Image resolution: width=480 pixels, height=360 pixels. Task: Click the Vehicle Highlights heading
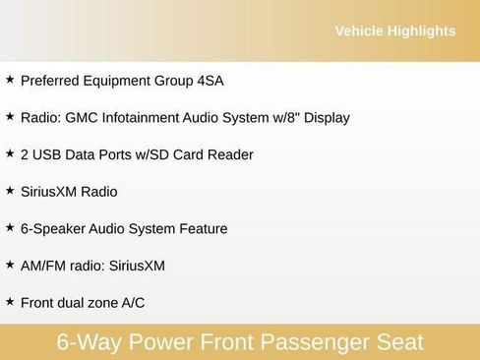(x=394, y=31)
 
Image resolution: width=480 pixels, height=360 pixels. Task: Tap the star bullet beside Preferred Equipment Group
(x=10, y=80)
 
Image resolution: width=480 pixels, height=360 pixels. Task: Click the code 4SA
(x=208, y=81)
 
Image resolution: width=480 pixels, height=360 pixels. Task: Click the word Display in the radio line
(x=326, y=118)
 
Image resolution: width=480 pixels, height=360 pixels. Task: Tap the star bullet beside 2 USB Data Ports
(x=10, y=153)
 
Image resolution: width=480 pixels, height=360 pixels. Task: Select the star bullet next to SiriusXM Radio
(x=10, y=191)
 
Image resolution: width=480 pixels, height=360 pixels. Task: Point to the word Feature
(x=200, y=229)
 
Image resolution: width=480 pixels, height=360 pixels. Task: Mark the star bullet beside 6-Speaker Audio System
(x=10, y=227)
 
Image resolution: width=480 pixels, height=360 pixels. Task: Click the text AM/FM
(x=41, y=266)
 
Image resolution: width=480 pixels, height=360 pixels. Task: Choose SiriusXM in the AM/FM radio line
(x=136, y=266)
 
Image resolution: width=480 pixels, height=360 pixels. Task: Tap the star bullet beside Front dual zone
(x=10, y=301)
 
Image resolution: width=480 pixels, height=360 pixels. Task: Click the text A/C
(x=133, y=303)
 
